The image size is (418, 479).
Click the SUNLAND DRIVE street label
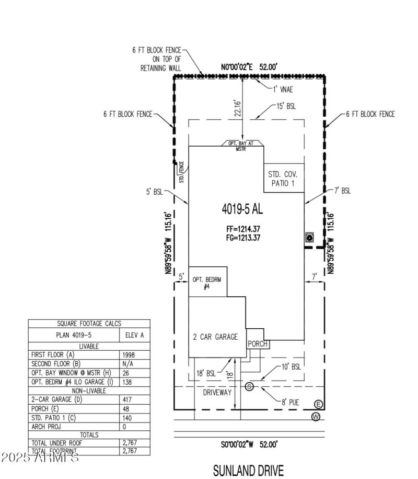click(249, 470)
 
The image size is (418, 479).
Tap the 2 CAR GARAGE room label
click(215, 337)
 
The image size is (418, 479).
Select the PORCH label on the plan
click(258, 344)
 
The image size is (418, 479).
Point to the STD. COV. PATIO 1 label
click(283, 179)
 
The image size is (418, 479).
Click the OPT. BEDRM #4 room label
click(207, 283)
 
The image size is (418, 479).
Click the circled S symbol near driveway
click(249, 386)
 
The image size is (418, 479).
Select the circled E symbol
click(319, 404)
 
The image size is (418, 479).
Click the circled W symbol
click(316, 417)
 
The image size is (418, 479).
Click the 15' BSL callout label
click(286, 106)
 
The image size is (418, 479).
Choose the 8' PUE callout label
click(291, 403)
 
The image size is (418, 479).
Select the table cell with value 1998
click(127, 354)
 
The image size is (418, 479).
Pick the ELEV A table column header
click(135, 335)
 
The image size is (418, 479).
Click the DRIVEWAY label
click(217, 392)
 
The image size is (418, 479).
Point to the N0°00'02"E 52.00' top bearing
click(249, 67)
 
